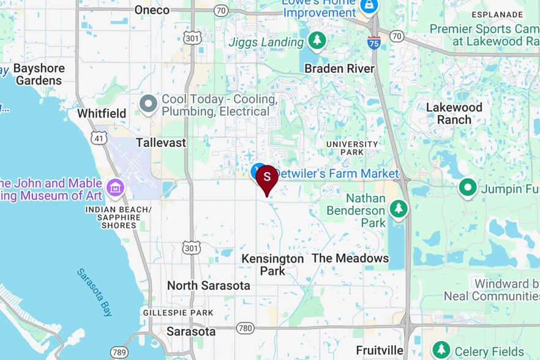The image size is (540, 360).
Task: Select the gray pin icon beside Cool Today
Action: tap(148, 105)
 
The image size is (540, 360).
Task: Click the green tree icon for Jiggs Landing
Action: tap(317, 41)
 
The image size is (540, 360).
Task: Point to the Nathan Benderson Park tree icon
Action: tap(399, 209)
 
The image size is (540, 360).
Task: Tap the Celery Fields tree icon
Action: tap(441, 350)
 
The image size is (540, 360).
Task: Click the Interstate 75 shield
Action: tap(374, 42)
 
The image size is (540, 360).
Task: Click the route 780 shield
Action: tap(245, 329)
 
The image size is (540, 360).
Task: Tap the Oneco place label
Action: tap(151, 10)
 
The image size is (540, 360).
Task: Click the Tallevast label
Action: tap(161, 143)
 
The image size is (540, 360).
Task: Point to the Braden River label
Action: tap(339, 69)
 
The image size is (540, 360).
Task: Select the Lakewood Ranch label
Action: tap(454, 113)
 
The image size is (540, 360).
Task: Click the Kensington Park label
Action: tap(272, 264)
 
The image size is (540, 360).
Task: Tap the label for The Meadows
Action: tap(350, 258)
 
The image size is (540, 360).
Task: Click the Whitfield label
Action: tap(102, 113)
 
